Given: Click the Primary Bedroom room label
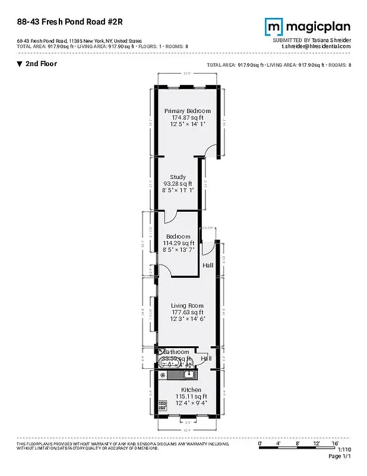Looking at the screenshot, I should pyautogui.click(x=187, y=111).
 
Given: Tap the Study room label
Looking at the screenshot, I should pyautogui.click(x=178, y=177).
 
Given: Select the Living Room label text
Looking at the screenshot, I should pyautogui.click(x=187, y=306).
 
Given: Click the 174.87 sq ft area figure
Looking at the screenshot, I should pyautogui.click(x=187, y=118).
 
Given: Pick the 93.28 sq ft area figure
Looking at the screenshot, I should pyautogui.click(x=178, y=184).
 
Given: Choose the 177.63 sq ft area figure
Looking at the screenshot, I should pyautogui.click(x=187, y=312).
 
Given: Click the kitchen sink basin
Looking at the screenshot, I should pyautogui.click(x=189, y=374).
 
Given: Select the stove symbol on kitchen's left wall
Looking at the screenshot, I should pyautogui.click(x=162, y=404).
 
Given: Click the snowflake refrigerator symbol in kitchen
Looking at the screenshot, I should pyautogui.click(x=162, y=375).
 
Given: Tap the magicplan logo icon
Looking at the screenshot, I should pyautogui.click(x=274, y=27).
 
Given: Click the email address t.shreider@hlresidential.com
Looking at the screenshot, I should pyautogui.click(x=316, y=46).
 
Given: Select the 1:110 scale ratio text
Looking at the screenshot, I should pyautogui.click(x=344, y=450).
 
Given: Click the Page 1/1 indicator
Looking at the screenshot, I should pyautogui.click(x=340, y=456).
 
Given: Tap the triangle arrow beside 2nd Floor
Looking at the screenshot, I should pyautogui.click(x=20, y=64).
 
